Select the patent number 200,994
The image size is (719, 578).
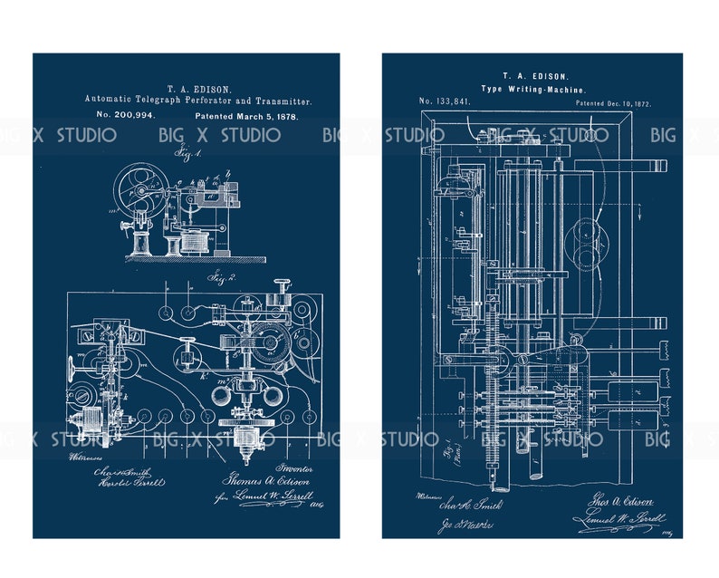tap(126, 116)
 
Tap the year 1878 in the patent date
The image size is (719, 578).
tap(284, 117)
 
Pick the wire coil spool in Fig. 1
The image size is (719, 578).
tap(191, 242)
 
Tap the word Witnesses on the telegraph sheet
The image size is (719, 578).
tap(82, 458)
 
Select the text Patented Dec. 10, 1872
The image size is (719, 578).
tap(613, 104)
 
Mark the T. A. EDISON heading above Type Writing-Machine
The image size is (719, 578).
tap(532, 76)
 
